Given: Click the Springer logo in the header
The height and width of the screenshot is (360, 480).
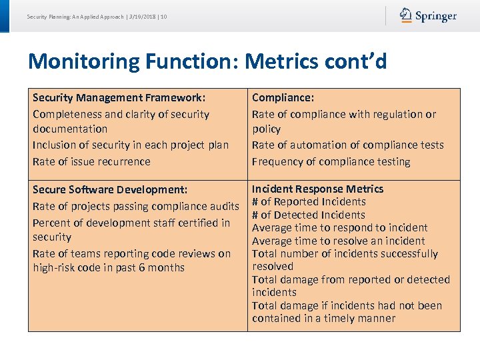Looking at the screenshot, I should (428, 16).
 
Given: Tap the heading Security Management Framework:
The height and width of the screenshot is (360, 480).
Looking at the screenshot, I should (119, 97).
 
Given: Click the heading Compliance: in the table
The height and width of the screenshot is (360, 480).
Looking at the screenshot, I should (283, 97).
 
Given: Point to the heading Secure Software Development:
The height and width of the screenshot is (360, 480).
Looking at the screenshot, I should (110, 190).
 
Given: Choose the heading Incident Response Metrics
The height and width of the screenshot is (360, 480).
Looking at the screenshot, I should (317, 189).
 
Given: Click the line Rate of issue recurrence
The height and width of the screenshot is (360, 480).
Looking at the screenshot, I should (91, 161).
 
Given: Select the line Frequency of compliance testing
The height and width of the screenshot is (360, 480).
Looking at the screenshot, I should (331, 161).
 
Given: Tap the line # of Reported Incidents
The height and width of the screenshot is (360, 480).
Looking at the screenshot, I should (309, 201).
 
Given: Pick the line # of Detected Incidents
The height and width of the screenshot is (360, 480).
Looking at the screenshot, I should (308, 215).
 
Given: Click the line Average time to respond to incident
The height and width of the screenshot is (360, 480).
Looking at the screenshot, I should (339, 227).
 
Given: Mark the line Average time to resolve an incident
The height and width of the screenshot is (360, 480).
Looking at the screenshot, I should (338, 241).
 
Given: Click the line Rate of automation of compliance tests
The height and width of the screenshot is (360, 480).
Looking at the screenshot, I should (347, 145).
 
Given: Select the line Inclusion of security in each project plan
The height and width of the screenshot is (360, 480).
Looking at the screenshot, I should (131, 145).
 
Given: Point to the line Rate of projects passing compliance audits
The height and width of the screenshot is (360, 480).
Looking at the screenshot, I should (135, 206).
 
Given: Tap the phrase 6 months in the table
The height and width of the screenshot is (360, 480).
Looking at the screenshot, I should (163, 267).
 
